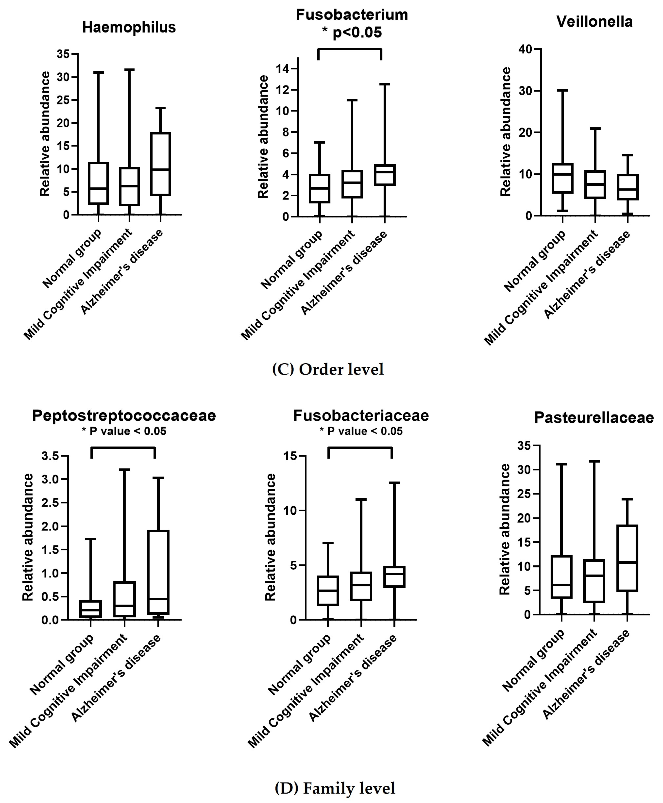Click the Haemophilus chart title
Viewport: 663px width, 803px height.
(x=129, y=27)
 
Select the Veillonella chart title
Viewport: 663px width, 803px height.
(x=594, y=22)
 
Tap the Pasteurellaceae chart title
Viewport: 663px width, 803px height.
(x=594, y=418)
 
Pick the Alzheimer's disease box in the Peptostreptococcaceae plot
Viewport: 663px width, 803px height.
(x=158, y=572)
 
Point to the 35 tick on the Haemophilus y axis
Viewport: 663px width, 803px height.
(x=63, y=54)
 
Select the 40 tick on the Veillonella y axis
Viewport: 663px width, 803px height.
(x=526, y=49)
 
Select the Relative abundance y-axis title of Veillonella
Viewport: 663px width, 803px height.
(x=506, y=132)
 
